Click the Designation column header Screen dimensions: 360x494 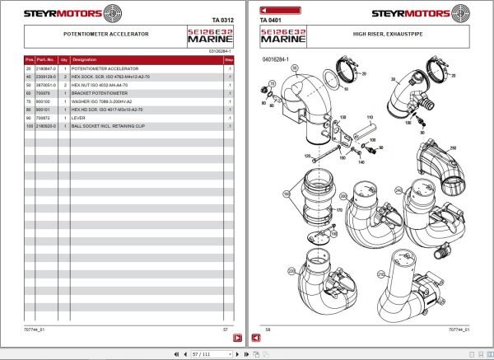point(85,60)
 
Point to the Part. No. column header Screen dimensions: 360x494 point(44,60)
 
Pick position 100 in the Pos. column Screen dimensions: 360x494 point(30,126)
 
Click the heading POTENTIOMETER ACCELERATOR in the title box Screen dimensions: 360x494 point(106,35)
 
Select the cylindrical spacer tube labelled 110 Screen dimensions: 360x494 point(370,131)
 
